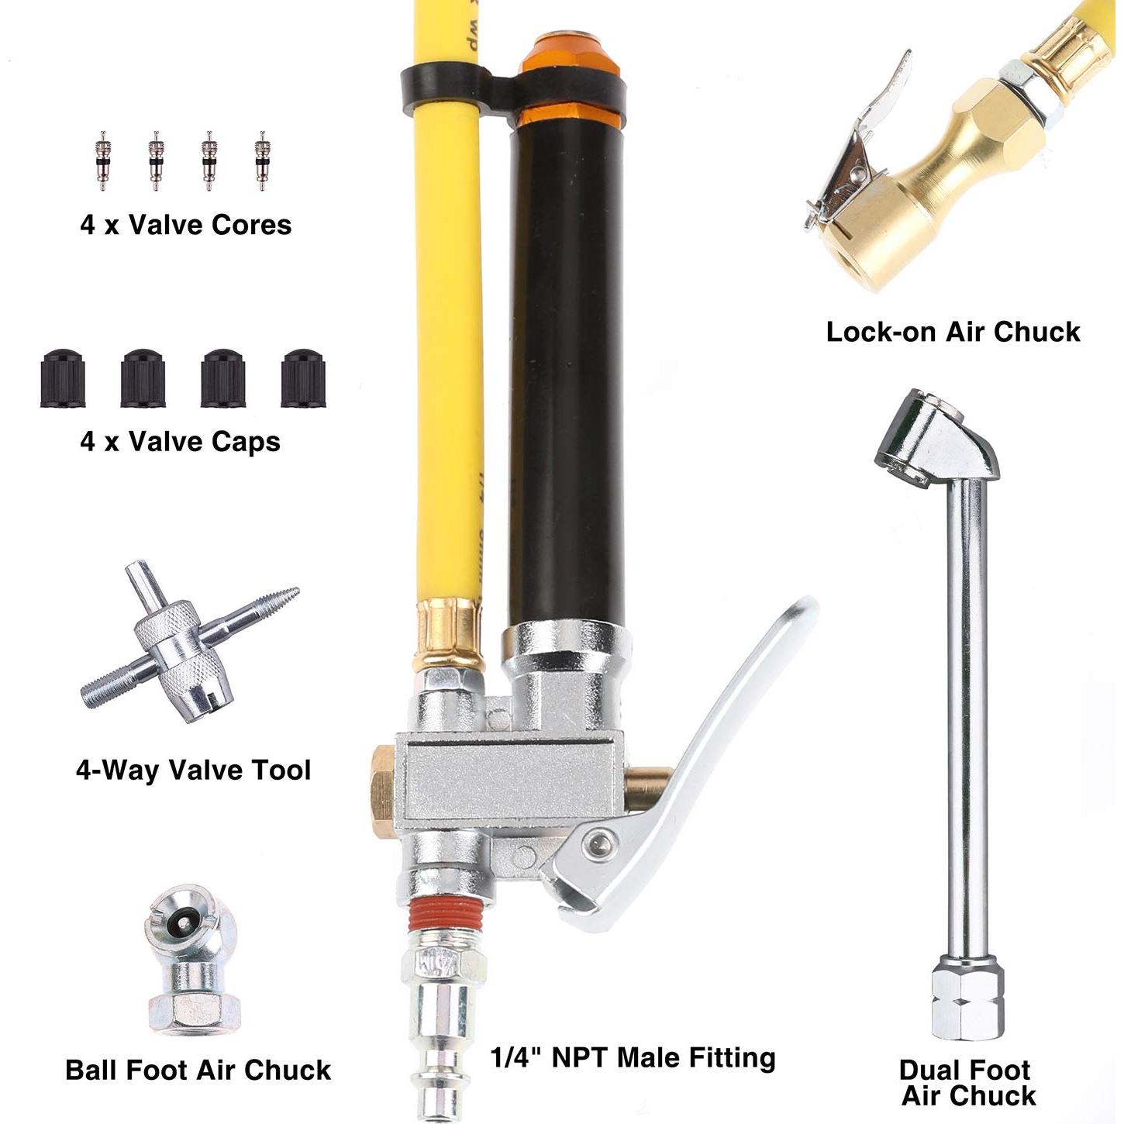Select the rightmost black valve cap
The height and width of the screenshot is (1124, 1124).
(x=303, y=379)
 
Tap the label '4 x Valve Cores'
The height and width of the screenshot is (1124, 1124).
(x=186, y=226)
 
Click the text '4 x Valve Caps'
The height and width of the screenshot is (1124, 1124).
(x=180, y=442)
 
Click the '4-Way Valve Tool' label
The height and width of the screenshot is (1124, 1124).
(x=193, y=771)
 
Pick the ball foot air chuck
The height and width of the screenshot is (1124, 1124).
(x=193, y=961)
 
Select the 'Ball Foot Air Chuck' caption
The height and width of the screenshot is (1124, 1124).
(x=198, y=1071)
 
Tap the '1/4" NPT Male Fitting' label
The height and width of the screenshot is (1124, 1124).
(x=633, y=1058)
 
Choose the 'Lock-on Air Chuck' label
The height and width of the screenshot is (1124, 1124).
(x=953, y=332)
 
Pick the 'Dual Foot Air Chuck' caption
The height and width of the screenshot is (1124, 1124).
(x=967, y=1083)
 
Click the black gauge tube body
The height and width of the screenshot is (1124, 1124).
(x=566, y=372)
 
